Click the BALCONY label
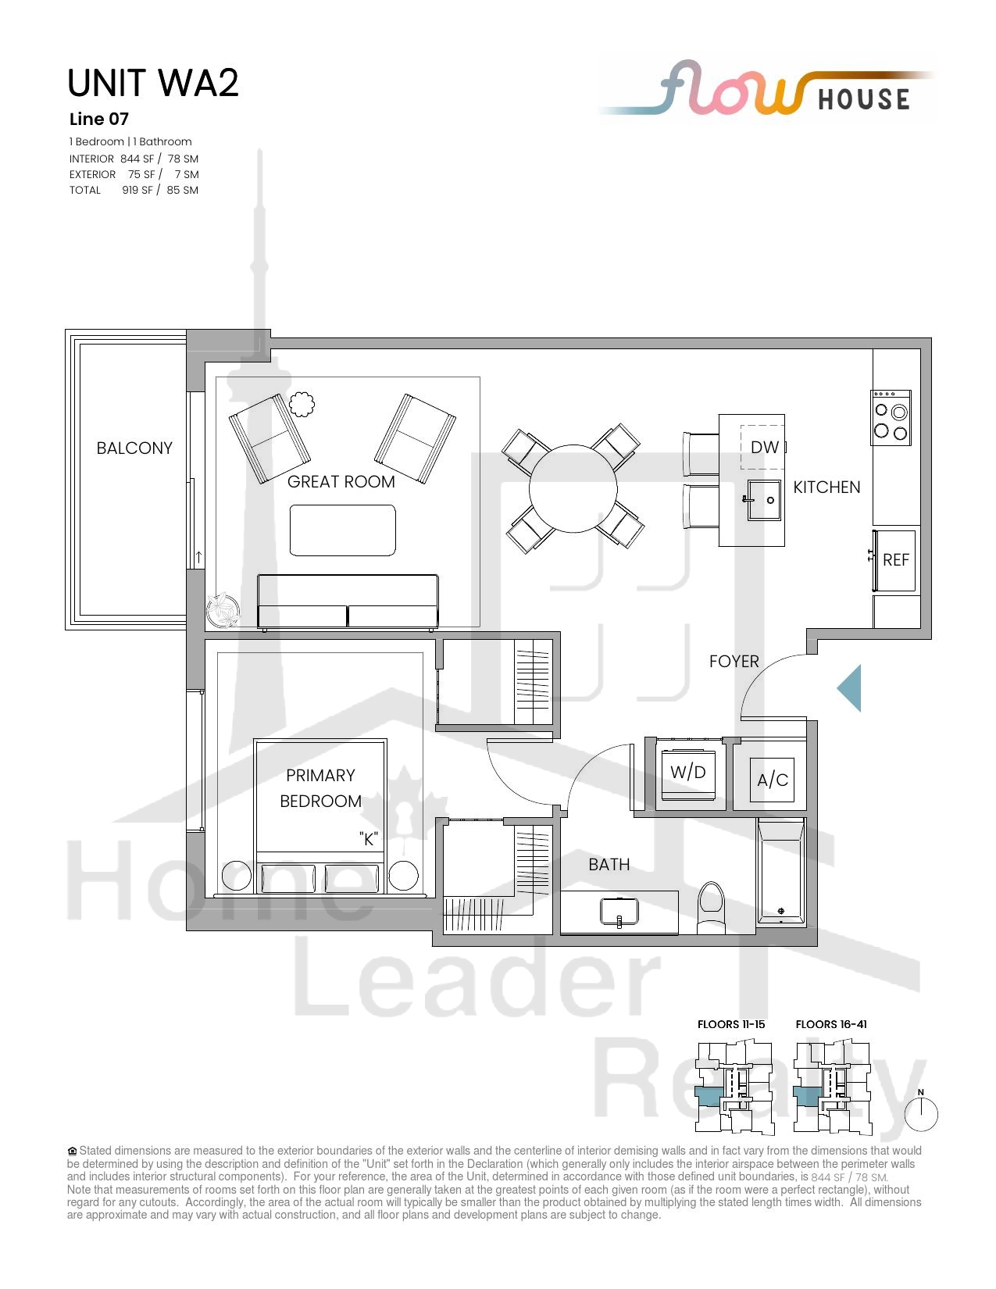[x=134, y=448]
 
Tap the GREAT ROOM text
[x=341, y=482]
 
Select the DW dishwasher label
[x=765, y=448]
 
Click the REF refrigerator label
[x=896, y=560]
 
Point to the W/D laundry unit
[x=688, y=772]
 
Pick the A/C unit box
[x=772, y=780]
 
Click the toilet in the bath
[x=711, y=908]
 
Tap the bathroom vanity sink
[x=619, y=912]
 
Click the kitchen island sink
[x=763, y=499]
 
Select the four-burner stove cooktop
[x=891, y=418]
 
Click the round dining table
[x=573, y=489]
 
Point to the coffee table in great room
[x=342, y=530]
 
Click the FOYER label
[x=734, y=662]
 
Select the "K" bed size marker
[x=369, y=839]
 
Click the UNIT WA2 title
[x=153, y=83]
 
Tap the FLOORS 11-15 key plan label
[x=731, y=1024]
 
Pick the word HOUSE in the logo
[x=864, y=99]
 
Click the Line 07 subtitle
[x=99, y=120]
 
